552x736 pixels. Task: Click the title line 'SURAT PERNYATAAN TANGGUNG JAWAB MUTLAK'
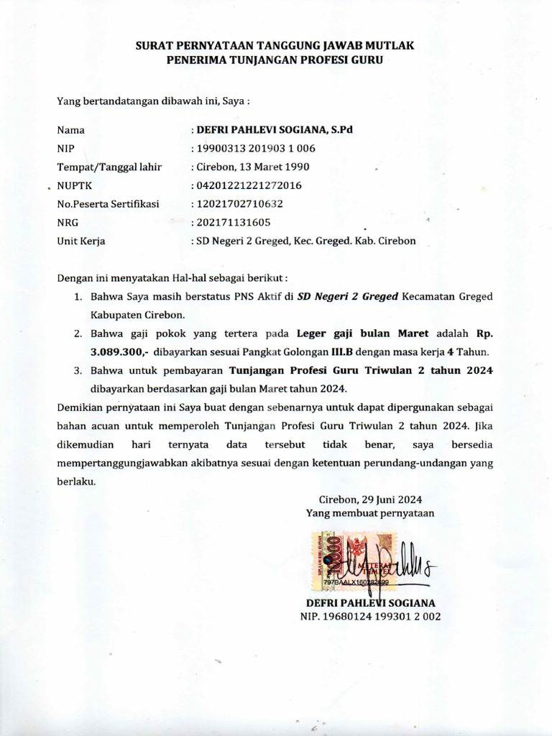(275, 46)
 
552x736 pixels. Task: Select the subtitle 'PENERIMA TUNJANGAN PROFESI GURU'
(275, 60)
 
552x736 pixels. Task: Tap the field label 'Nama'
(70, 130)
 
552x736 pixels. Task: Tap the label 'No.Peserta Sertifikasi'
(108, 204)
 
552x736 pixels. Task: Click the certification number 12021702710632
(239, 204)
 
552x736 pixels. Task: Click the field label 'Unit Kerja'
(81, 241)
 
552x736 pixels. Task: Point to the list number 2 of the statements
(78, 334)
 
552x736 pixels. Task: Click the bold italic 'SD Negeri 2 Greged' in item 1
(348, 296)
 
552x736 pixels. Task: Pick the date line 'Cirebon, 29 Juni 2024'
(369, 500)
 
